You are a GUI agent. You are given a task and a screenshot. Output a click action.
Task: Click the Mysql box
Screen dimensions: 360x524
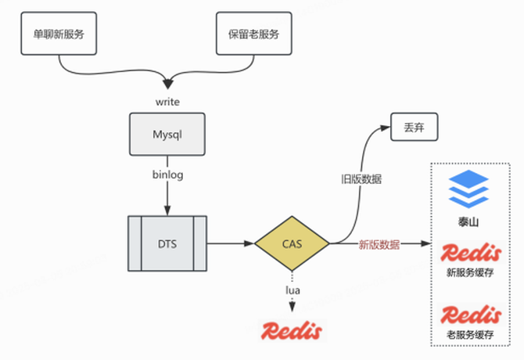167,135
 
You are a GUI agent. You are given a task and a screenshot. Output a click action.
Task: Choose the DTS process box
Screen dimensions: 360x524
167,243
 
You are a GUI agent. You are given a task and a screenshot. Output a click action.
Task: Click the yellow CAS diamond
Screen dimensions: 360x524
292,243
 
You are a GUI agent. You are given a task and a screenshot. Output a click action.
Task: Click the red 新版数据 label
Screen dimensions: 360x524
379,244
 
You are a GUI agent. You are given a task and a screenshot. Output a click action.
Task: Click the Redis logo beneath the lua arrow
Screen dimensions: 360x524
292,330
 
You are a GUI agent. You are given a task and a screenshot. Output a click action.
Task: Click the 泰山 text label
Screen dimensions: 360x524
469,222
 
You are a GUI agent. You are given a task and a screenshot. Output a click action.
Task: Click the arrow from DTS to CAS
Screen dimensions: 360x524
231,243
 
